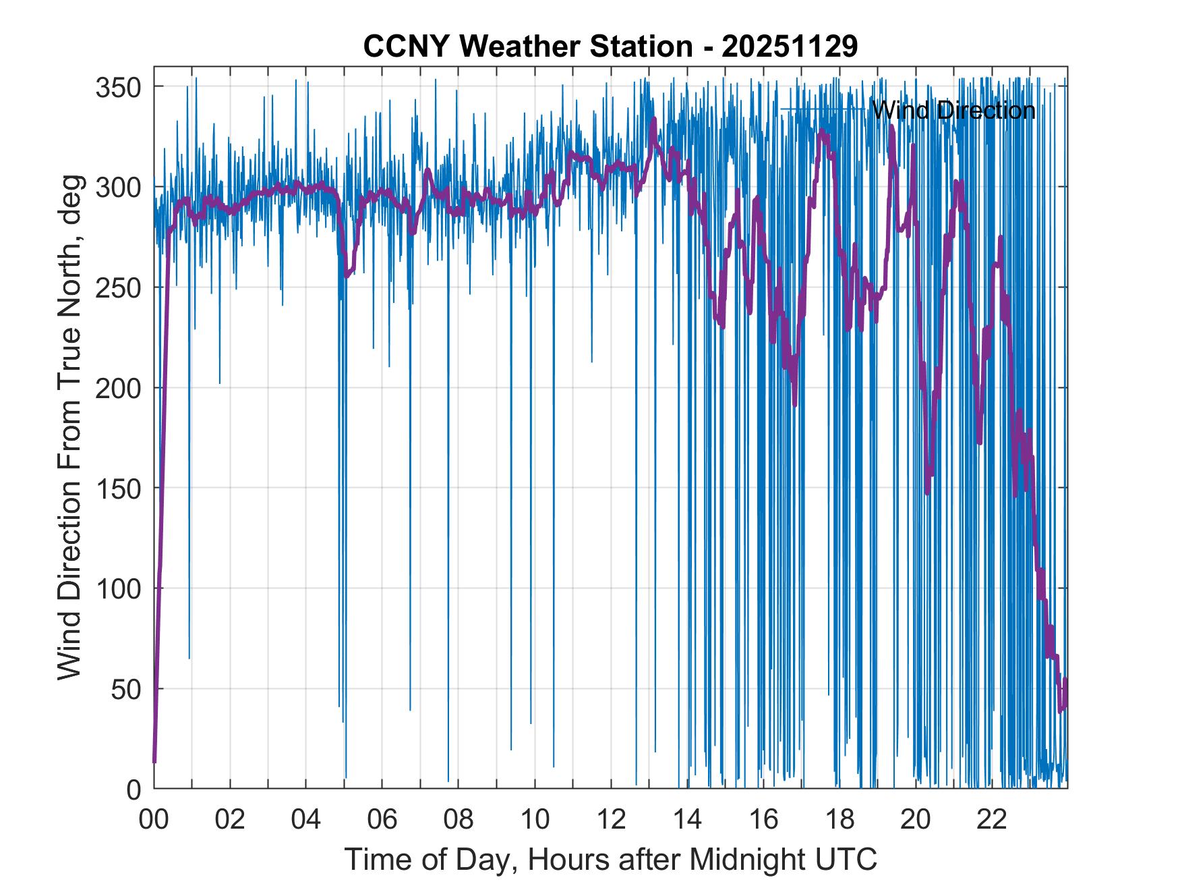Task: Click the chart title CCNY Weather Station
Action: click(x=528, y=47)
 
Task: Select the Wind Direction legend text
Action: click(x=953, y=110)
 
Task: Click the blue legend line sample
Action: click(x=822, y=109)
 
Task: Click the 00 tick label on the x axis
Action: click(x=154, y=820)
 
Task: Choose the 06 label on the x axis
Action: click(x=382, y=820)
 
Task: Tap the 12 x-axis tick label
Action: click(x=611, y=820)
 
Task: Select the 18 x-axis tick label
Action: click(x=839, y=820)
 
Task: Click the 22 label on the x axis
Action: click(x=992, y=820)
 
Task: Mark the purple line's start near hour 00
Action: click(x=154, y=761)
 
